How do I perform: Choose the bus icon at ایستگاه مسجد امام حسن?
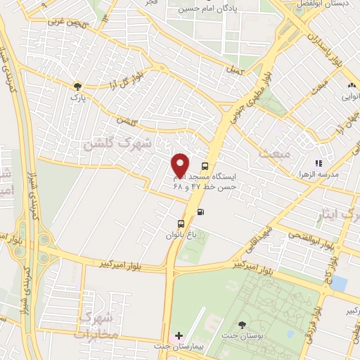coord(205,167)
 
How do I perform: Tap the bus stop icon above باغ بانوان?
coord(181,224)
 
